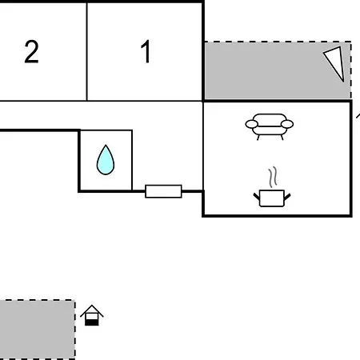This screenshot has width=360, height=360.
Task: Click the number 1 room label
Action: click(x=146, y=51)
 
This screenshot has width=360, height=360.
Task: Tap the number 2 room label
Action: click(x=31, y=52)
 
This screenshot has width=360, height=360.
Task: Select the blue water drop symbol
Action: click(x=106, y=160)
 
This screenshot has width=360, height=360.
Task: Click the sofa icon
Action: click(x=270, y=126)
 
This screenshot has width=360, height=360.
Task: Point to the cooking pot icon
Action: click(x=272, y=198)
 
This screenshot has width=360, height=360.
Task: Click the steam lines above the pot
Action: click(x=273, y=177)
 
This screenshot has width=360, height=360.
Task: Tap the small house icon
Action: click(x=92, y=315)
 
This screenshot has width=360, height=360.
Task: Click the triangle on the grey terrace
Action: click(x=335, y=62)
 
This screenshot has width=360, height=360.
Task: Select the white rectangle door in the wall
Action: click(x=163, y=191)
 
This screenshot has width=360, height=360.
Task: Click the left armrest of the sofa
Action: click(x=252, y=124)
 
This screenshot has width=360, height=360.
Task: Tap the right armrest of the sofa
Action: click(x=287, y=124)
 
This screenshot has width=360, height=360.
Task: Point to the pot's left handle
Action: click(x=257, y=197)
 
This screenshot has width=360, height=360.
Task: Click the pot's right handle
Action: click(x=287, y=197)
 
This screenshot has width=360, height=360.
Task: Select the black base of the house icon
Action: click(x=92, y=322)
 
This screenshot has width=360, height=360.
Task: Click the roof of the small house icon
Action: click(x=92, y=310)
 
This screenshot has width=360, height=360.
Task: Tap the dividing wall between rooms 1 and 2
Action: click(x=87, y=52)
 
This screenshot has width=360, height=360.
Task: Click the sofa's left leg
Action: click(x=258, y=138)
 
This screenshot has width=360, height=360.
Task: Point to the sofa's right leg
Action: click(x=282, y=138)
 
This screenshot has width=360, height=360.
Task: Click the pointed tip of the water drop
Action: click(x=106, y=145)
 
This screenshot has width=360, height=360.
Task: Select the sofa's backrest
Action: click(x=270, y=119)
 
